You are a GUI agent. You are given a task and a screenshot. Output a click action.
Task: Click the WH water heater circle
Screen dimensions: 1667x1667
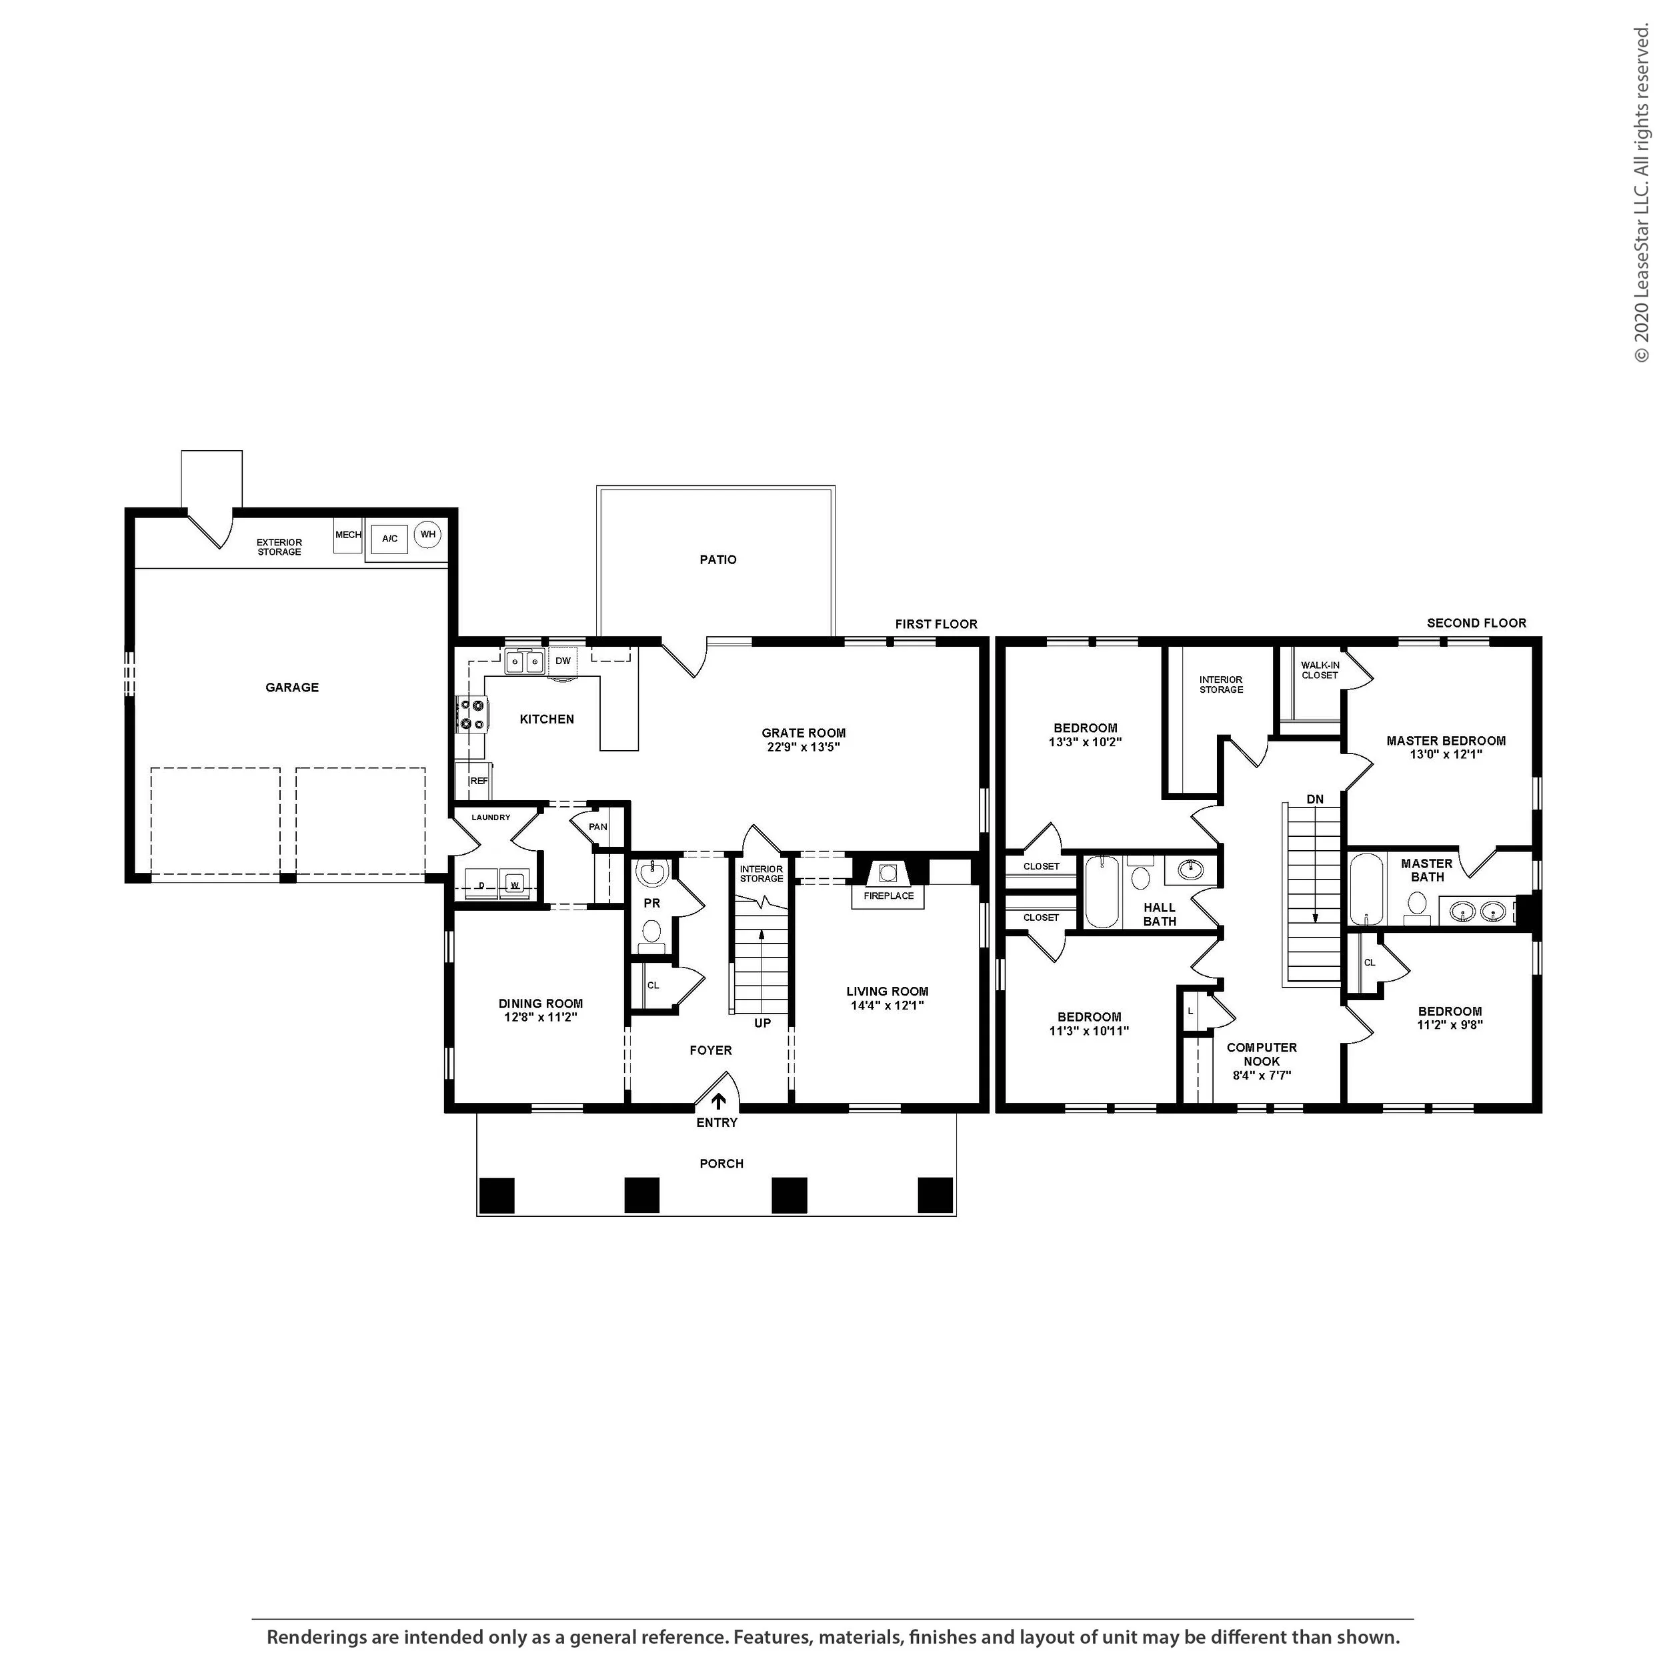(428, 535)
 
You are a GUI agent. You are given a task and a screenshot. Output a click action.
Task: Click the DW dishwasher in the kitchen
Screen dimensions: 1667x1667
(563, 661)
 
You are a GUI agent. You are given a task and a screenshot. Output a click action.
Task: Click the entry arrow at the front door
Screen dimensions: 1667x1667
(718, 1102)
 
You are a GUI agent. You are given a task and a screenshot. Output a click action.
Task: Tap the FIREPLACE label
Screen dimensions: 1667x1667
(889, 896)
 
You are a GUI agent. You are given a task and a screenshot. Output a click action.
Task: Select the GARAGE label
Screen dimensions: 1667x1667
(291, 687)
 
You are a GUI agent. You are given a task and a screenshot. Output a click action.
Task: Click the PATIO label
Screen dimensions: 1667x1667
(718, 560)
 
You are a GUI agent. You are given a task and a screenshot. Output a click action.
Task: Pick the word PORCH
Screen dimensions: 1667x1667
(721, 1164)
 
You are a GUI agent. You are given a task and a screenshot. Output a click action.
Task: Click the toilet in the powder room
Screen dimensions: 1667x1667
(651, 934)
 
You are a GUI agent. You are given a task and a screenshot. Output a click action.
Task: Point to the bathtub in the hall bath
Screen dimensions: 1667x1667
(1101, 892)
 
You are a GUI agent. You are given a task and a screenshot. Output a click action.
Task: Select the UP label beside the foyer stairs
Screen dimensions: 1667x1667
(763, 1024)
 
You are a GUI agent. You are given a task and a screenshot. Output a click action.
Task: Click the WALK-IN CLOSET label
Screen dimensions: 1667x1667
(1320, 670)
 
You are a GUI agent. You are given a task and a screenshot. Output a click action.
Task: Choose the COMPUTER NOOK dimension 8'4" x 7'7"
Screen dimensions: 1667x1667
(1262, 1076)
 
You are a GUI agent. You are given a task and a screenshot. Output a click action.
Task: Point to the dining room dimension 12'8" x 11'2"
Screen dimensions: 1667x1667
(541, 1018)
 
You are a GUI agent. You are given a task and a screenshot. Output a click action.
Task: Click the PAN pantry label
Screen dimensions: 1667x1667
(598, 827)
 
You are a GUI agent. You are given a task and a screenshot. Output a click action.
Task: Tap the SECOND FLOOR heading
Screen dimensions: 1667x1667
(1476, 623)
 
